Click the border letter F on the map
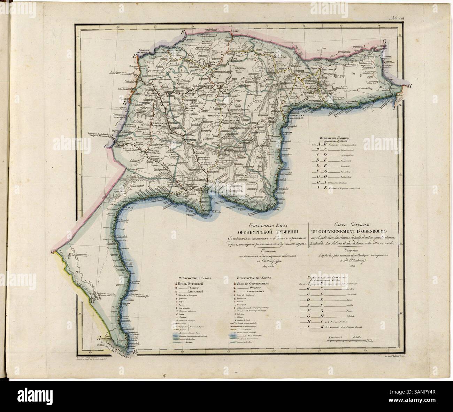181,32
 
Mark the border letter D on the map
124,103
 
